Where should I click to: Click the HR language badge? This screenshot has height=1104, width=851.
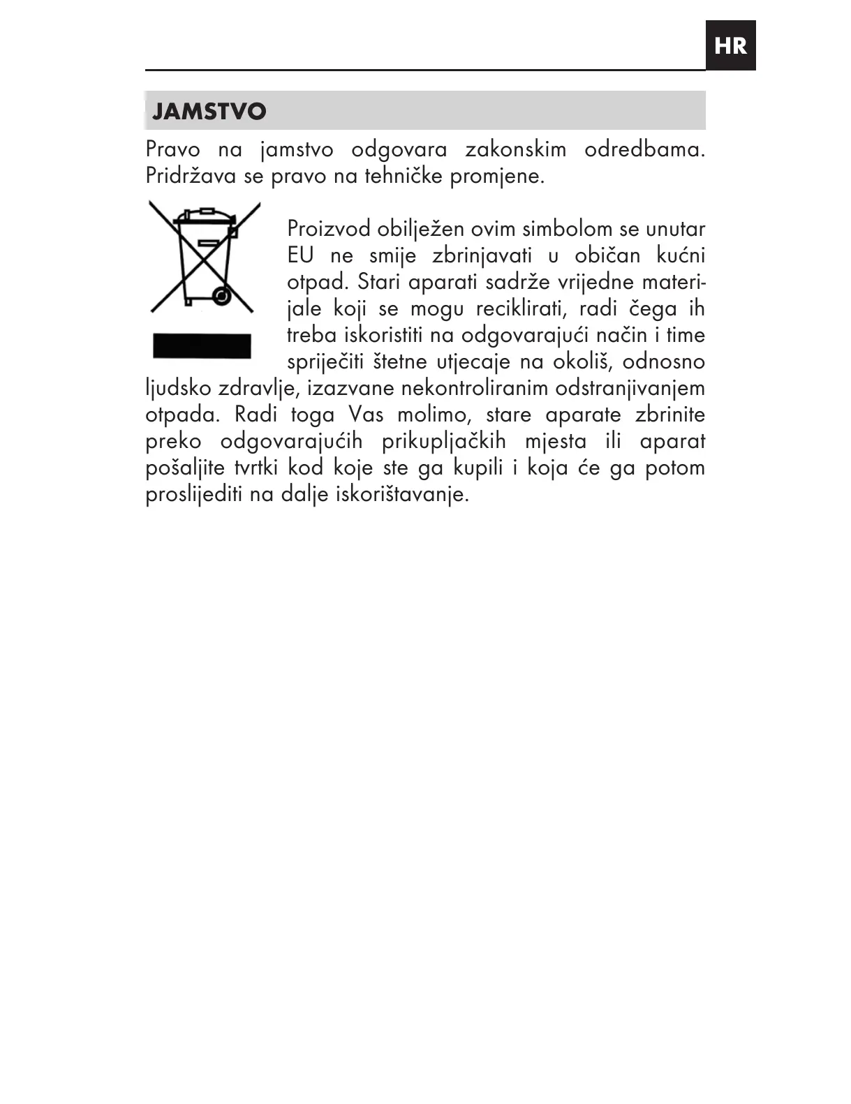[x=730, y=46]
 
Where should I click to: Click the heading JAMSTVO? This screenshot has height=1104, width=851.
[x=209, y=112]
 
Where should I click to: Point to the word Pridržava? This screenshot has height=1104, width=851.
[x=191, y=176]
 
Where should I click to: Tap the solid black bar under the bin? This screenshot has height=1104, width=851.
[x=202, y=346]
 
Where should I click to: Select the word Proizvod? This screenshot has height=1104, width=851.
[x=329, y=229]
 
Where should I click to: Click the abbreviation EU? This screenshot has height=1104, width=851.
[x=300, y=255]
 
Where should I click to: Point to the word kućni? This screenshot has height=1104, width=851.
[x=681, y=255]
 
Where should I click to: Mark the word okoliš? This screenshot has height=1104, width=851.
[x=582, y=361]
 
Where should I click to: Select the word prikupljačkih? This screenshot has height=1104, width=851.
[x=443, y=441]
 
